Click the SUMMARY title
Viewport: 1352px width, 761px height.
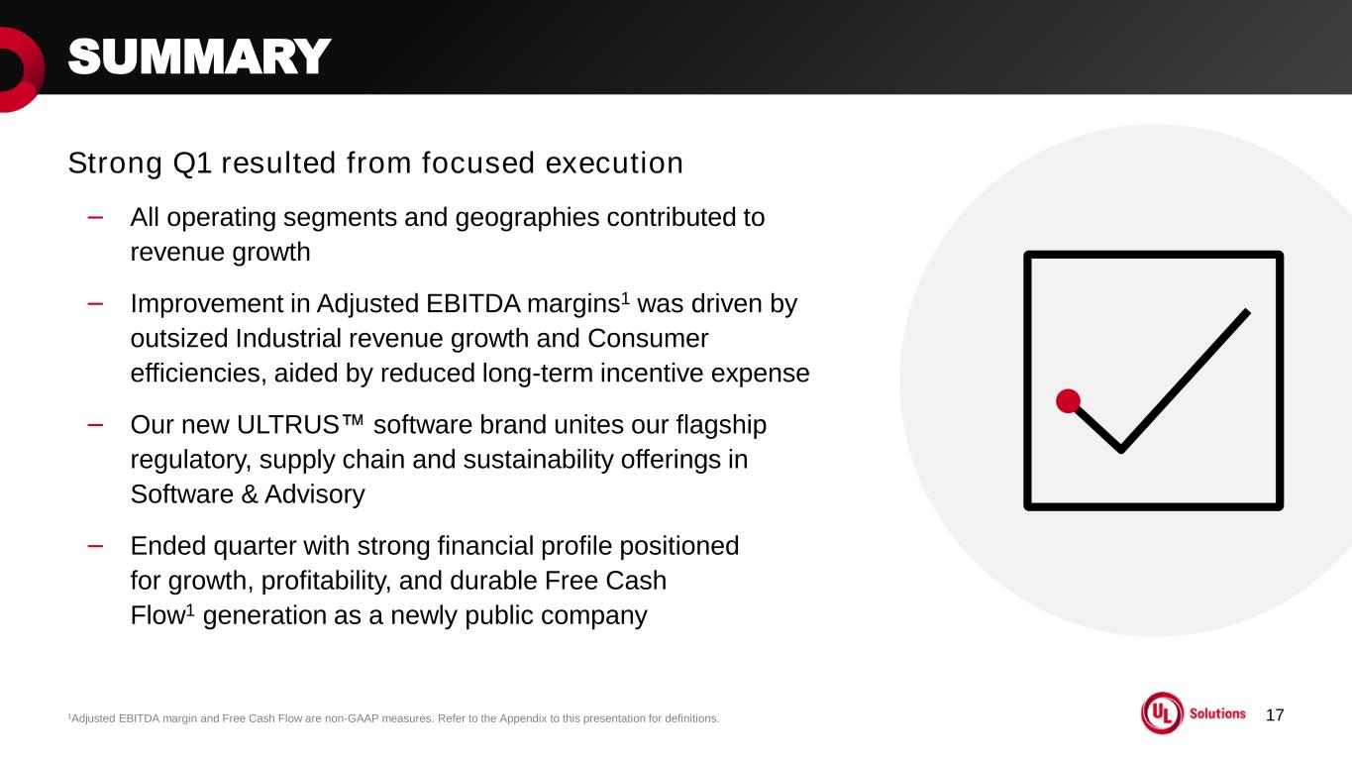click(199, 56)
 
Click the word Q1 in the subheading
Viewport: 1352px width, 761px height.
click(192, 163)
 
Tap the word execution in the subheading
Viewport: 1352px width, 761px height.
click(614, 163)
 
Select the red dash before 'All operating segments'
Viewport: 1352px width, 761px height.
click(95, 217)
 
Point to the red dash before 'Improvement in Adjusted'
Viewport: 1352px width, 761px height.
click(95, 304)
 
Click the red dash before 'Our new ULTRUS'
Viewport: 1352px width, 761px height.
click(95, 425)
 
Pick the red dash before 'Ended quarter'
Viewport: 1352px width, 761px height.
click(95, 546)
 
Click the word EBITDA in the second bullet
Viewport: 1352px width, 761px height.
click(472, 304)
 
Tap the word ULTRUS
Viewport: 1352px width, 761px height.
click(288, 424)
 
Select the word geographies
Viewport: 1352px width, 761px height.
click(527, 218)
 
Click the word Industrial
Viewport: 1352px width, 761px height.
click(288, 338)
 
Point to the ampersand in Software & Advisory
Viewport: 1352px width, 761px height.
click(249, 494)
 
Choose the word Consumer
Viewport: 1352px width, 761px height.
click(648, 338)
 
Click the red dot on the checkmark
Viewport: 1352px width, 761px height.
click(1068, 401)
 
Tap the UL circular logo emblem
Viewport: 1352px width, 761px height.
click(1162, 713)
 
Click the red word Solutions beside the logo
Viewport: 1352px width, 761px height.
click(1217, 713)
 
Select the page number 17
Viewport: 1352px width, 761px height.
click(1275, 715)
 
